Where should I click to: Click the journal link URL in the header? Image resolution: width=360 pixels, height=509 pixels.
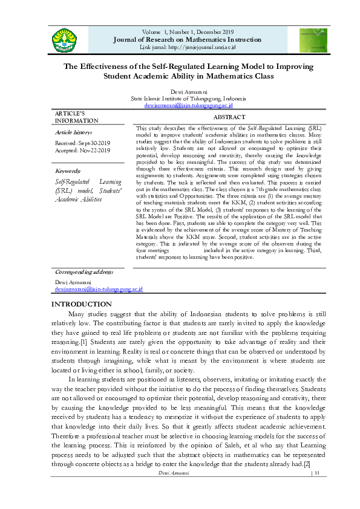[188, 47]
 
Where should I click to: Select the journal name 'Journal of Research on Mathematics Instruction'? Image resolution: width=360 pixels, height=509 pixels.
[188, 39]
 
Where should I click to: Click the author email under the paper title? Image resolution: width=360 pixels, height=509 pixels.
[188, 105]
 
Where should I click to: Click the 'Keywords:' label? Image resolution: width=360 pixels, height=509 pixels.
[68, 171]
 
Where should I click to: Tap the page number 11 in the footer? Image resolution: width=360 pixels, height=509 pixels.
[316, 473]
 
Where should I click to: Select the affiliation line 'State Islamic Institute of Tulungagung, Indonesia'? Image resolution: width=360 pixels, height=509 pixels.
[188, 98]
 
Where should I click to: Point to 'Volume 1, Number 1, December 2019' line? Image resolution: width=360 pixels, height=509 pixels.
[188, 31]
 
